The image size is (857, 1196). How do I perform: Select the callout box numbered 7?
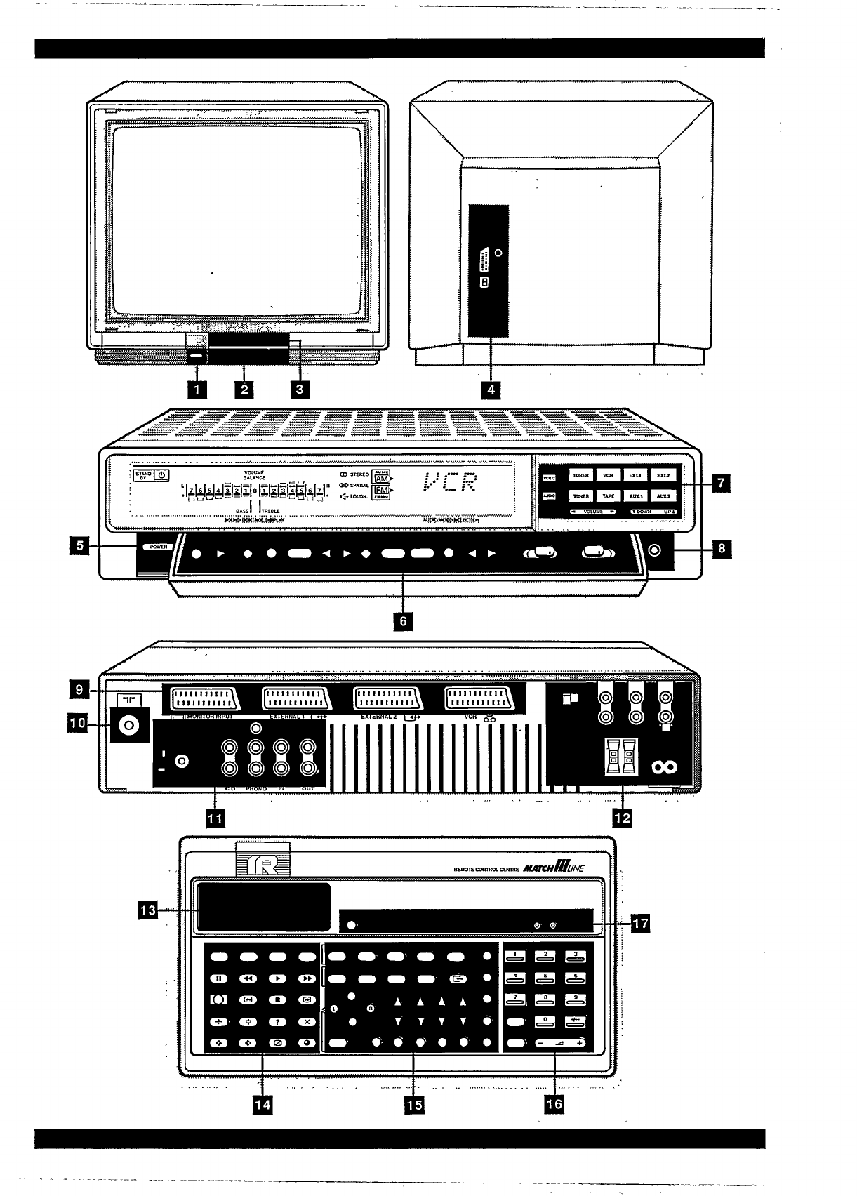720,483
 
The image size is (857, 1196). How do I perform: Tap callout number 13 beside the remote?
148,911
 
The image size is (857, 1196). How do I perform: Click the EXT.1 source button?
635,475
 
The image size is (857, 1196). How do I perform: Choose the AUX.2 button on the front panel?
663,496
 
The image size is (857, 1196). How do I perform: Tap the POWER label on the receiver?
157,547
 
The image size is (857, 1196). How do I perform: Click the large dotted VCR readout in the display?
451,483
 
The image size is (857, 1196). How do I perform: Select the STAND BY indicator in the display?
144,475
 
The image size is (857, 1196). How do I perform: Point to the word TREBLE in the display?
271,511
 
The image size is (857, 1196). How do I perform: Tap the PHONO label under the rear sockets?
256,789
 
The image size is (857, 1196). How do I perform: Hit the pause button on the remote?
218,978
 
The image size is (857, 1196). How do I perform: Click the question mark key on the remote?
278,1022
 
